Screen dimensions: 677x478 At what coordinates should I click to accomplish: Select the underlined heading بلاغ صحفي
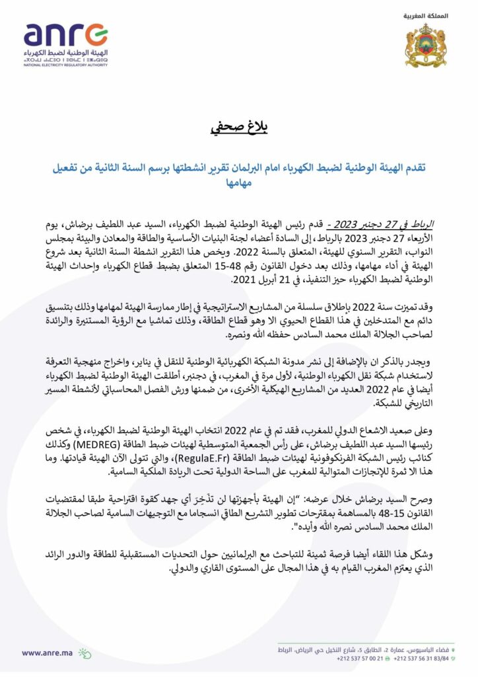(x=238, y=126)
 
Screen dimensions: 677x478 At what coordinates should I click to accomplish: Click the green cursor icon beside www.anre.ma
(x=85, y=653)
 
